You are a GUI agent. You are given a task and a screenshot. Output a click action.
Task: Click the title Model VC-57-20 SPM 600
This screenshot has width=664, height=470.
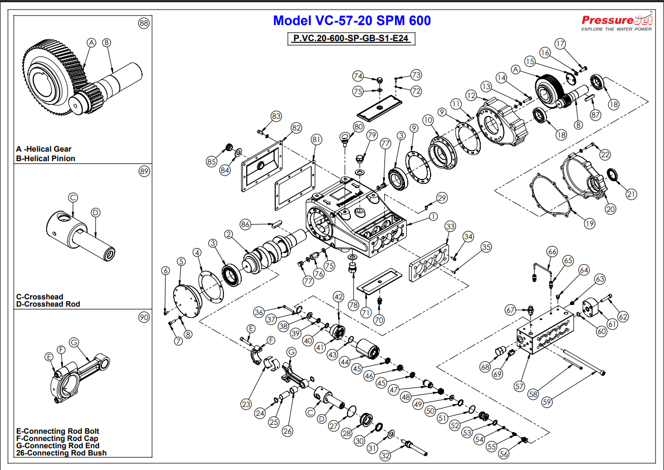tap(351, 21)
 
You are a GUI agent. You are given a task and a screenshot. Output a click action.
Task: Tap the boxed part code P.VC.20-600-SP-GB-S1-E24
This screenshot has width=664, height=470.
tap(352, 39)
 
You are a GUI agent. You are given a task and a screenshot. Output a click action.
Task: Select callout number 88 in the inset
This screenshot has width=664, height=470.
tap(144, 23)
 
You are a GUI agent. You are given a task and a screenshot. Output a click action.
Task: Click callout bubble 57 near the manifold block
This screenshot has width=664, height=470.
tap(519, 385)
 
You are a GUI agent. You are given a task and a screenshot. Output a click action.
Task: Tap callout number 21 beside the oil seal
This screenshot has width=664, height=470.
tap(631, 194)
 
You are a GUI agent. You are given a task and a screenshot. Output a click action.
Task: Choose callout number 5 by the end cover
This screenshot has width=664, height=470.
tap(181, 261)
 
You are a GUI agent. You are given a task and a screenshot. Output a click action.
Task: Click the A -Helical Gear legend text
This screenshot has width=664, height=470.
tap(44, 149)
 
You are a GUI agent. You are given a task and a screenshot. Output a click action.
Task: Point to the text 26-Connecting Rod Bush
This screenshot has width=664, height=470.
tap(61, 453)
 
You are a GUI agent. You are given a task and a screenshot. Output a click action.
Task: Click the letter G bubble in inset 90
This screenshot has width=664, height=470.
tap(74, 341)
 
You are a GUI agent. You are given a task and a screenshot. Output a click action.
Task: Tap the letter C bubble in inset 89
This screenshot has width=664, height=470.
tap(73, 197)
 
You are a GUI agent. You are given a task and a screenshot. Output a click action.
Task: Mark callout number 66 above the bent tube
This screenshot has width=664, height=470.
tap(552, 251)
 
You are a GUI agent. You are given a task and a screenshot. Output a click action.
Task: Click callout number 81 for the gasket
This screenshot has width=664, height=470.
tap(316, 138)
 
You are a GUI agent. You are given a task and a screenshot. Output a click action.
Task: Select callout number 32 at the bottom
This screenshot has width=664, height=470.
tap(385, 456)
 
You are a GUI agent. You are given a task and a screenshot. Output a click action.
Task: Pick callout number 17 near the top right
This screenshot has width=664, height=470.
tap(560, 43)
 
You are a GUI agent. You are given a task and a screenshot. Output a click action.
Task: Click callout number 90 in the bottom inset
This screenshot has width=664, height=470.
tap(144, 317)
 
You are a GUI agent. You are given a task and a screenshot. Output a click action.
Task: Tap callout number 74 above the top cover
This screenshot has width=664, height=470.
tap(358, 76)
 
